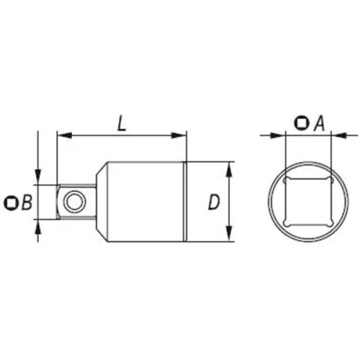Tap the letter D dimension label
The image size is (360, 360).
pyautogui.click(x=213, y=202)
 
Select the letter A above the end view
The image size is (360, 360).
pyautogui.click(x=317, y=123)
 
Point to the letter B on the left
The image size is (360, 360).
pyautogui.click(x=27, y=203)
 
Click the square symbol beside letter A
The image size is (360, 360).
pyautogui.click(x=300, y=123)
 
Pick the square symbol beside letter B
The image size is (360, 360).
pyautogui.click(x=11, y=203)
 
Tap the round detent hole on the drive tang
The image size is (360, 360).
pyautogui.click(x=73, y=202)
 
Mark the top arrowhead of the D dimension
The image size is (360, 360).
pyautogui.click(x=229, y=167)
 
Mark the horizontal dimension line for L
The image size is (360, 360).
pyautogui.click(x=122, y=135)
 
